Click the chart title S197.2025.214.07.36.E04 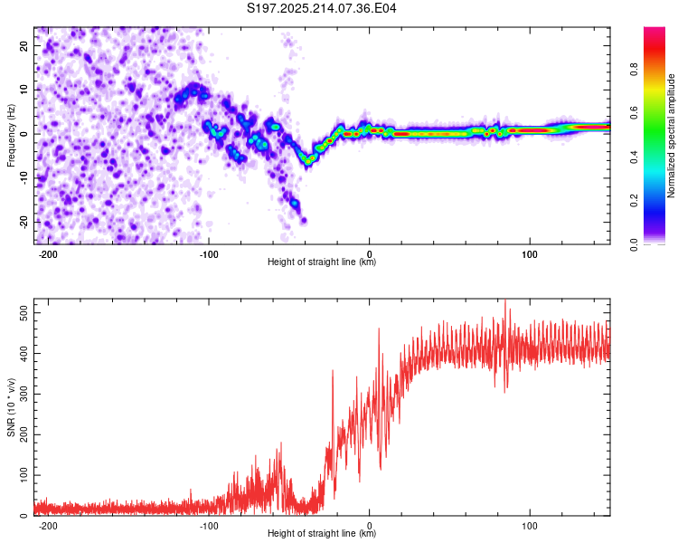(x=321, y=8)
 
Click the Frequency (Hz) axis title (x=11, y=136)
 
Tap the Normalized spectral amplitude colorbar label (x=671, y=136)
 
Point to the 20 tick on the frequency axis (x=24, y=45)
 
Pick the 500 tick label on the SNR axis (x=24, y=312)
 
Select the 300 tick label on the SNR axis (x=24, y=394)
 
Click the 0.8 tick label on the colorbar (x=634, y=70)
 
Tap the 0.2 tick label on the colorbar (x=634, y=201)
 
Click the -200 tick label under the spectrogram (x=48, y=254)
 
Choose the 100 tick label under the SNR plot (x=529, y=526)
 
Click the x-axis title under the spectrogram (x=322, y=262)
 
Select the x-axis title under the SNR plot (x=322, y=533)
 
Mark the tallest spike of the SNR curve (x=505, y=300)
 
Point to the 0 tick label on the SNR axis (x=24, y=516)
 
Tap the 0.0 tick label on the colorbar (x=634, y=245)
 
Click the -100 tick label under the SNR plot (x=209, y=526)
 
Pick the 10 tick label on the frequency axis (x=24, y=90)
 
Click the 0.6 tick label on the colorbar (x=634, y=113)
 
